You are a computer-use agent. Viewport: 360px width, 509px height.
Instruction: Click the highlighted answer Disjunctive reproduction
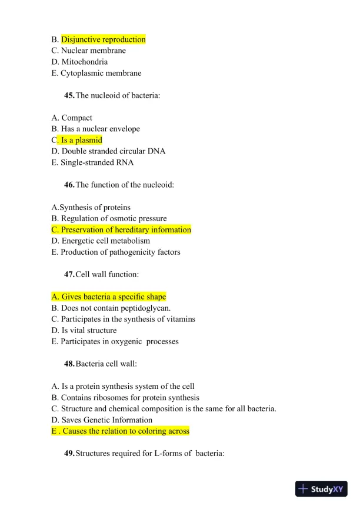(x=103, y=39)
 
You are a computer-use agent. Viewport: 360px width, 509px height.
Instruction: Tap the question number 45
(x=69, y=95)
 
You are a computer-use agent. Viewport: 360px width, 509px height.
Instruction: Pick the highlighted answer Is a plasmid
(x=81, y=140)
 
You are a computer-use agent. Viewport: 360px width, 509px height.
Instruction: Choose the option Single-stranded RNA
(x=92, y=162)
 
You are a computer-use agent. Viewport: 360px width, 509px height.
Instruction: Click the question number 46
(x=69, y=185)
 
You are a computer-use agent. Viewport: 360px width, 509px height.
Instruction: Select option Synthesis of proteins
(x=91, y=207)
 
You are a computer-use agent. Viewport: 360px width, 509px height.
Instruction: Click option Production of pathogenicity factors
(x=116, y=252)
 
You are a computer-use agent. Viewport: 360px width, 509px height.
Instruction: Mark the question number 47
(x=69, y=274)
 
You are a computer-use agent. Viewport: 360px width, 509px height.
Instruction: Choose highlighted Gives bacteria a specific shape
(x=109, y=297)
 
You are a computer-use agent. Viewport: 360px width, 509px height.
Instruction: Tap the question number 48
(x=69, y=364)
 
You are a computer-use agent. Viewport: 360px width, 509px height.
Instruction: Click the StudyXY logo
(x=321, y=489)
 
